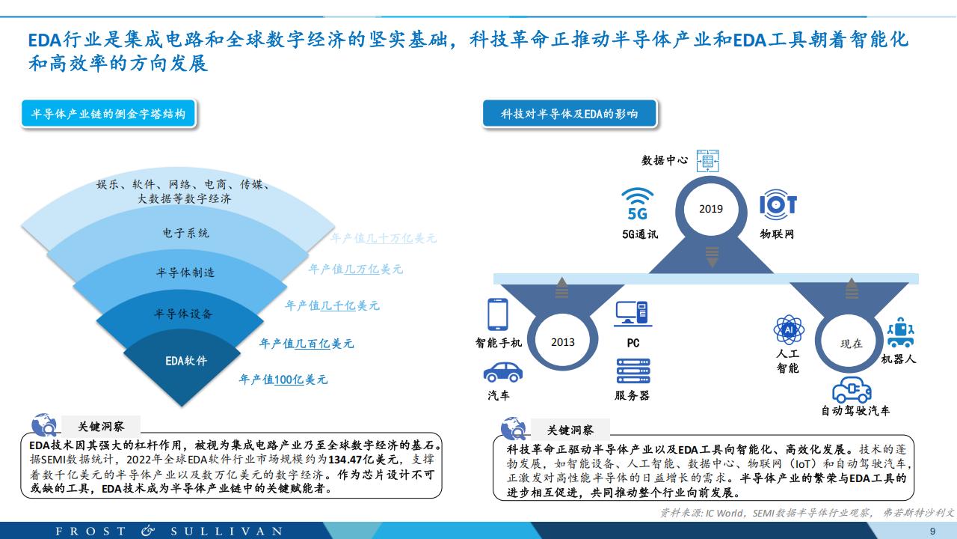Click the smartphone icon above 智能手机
tap(498, 314)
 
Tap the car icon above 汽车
tap(503, 372)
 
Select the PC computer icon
tap(633, 314)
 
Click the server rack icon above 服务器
tap(633, 371)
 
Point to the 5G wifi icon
tap(638, 204)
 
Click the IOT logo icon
tap(778, 204)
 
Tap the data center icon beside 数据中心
tap(707, 161)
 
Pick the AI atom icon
tap(789, 330)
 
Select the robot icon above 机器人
tap(901, 332)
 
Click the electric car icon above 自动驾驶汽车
tap(852, 390)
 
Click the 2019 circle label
tap(711, 209)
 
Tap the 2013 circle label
tap(563, 342)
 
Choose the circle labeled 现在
tap(852, 344)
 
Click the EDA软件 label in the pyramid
tap(186, 361)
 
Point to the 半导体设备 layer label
tap(183, 314)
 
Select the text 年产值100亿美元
tap(283, 380)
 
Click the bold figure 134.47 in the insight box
tap(345, 460)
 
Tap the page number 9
tap(932, 532)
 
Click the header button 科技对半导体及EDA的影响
tap(570, 114)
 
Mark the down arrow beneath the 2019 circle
tap(712, 257)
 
